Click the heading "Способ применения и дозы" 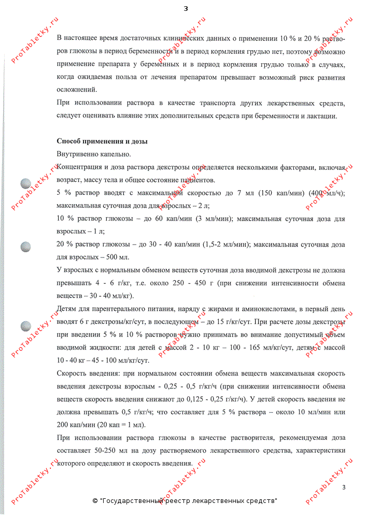[x=102, y=141]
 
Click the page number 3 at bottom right [x=343, y=487]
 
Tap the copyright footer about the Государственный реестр [x=185, y=501]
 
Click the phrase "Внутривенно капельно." [x=94, y=154]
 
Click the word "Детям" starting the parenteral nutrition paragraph [x=67, y=309]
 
